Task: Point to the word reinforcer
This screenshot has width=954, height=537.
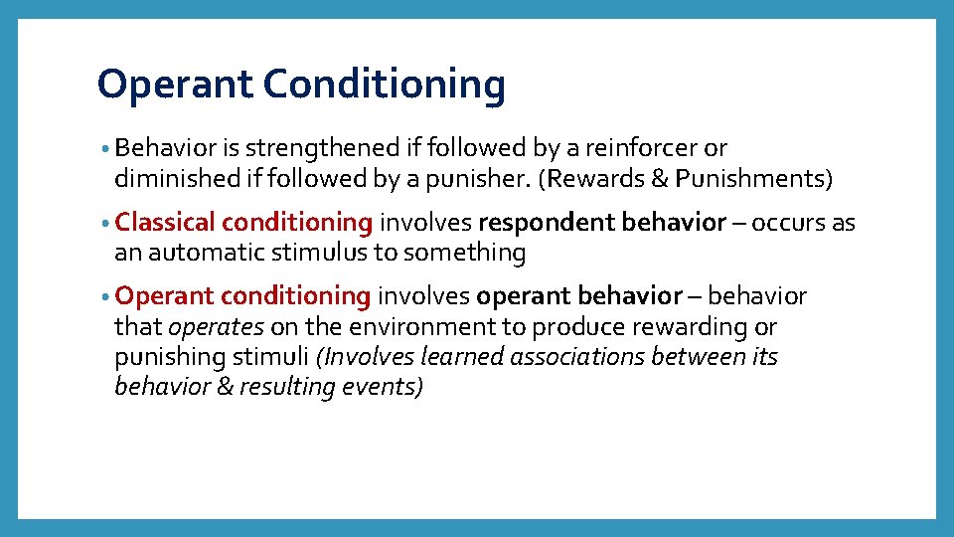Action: [642, 149]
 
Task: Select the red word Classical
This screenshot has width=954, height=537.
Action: [165, 223]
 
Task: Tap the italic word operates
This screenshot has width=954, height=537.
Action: [216, 327]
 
